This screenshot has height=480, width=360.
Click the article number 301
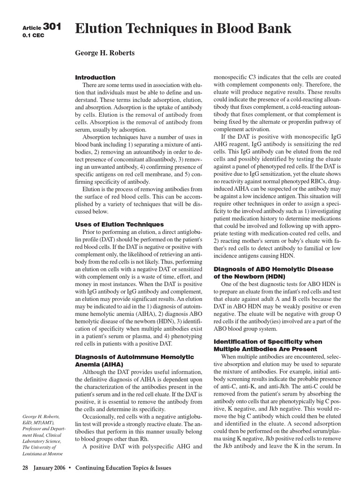pos(52,27)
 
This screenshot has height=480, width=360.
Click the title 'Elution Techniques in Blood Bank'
pos(183,29)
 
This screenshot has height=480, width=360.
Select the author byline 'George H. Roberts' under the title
pos(105,53)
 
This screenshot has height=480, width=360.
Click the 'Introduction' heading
pos(95,77)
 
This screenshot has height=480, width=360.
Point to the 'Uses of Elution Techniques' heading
pos(120,225)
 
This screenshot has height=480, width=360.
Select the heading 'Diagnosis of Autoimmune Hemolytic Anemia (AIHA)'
pos(134,360)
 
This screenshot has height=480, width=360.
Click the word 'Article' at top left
pos(32,28)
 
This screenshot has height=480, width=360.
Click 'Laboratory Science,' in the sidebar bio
pos(42,441)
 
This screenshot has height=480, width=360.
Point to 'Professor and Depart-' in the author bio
pos(44,429)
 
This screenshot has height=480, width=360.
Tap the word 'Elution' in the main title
pos(97,29)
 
